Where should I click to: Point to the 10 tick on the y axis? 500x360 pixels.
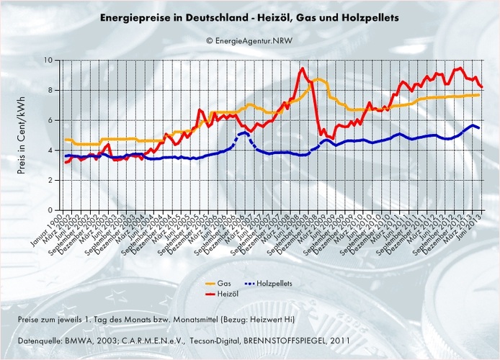52,60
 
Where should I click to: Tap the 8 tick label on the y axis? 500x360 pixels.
53,91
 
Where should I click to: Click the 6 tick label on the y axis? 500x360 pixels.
53,121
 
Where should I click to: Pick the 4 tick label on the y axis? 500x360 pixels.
53,150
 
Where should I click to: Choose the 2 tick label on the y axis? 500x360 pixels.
53,181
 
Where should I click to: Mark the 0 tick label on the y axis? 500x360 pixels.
53,211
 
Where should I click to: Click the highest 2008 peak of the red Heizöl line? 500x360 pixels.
301,68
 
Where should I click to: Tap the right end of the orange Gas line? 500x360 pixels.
479,94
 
